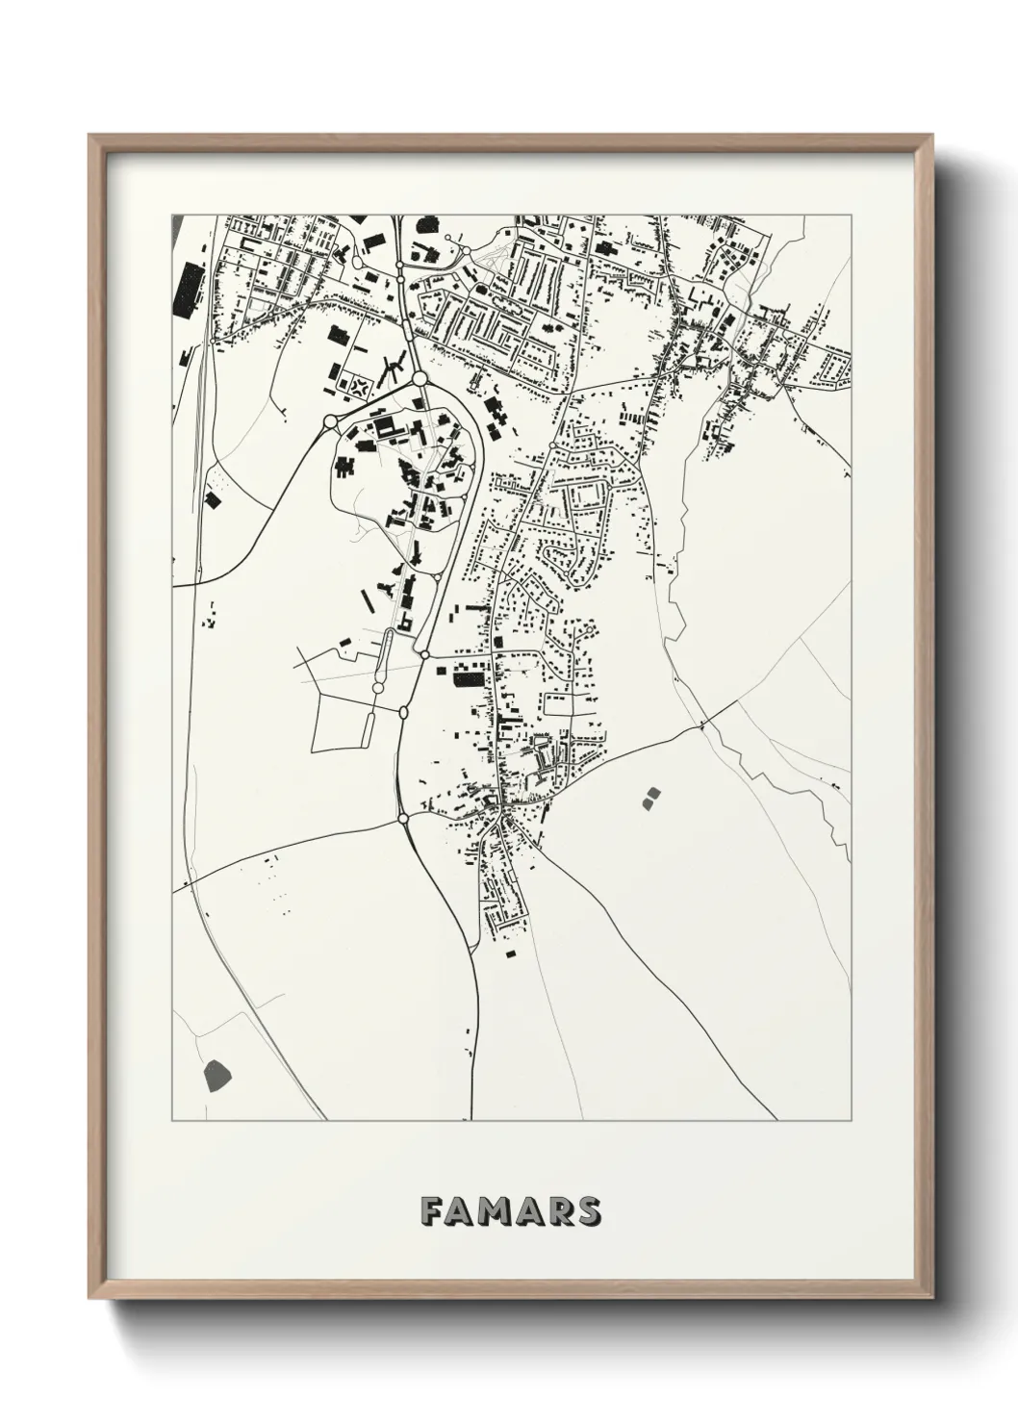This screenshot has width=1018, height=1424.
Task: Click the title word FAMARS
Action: (511, 1210)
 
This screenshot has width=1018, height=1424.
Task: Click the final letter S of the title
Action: (589, 1210)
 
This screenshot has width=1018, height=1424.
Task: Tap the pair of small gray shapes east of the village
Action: (651, 796)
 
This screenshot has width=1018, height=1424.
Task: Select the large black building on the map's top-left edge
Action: (188, 287)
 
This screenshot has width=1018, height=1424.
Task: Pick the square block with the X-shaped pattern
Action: (361, 387)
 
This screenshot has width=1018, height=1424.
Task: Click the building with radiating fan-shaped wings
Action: (391, 366)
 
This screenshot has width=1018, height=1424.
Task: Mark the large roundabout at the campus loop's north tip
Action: (420, 379)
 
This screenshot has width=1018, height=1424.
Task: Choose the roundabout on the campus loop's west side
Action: (330, 421)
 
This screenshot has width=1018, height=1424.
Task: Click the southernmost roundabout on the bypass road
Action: (402, 819)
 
